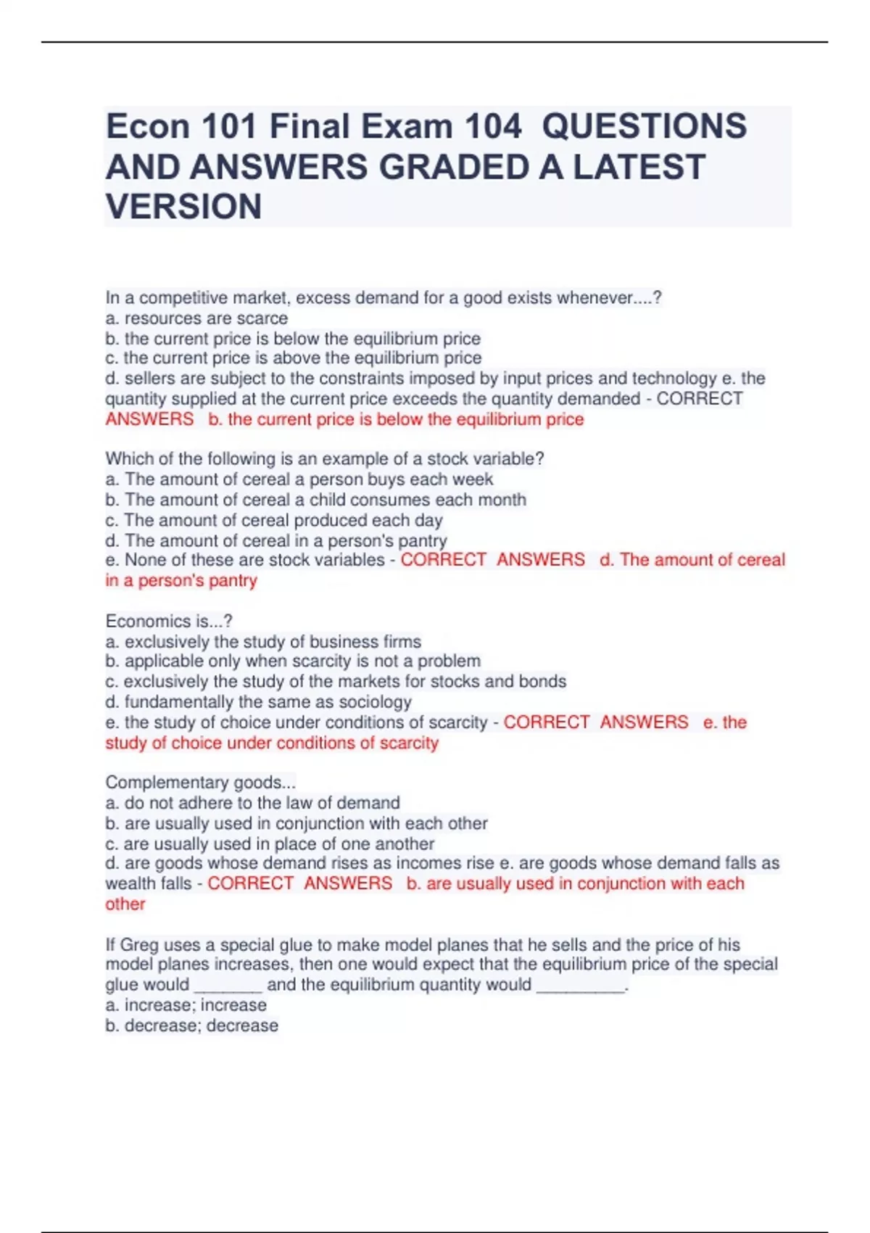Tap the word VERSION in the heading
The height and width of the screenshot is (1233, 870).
tap(183, 207)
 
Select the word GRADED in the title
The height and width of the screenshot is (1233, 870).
tap(452, 167)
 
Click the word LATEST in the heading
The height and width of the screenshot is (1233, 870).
tap(639, 167)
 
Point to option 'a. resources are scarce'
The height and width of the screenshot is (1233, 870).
tap(196, 318)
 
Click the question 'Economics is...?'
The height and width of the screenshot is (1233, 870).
tap(169, 621)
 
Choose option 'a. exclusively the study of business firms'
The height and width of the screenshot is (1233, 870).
tap(263, 642)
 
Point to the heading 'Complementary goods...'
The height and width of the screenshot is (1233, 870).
tap(200, 783)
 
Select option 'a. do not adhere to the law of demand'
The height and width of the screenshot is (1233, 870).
tap(252, 803)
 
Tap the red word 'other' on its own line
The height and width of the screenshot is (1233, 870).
tap(125, 904)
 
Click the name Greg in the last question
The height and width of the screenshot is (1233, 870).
tap(139, 945)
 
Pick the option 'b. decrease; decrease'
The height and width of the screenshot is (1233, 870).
tap(191, 1026)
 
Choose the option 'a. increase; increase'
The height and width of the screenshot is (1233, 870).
tap(186, 1005)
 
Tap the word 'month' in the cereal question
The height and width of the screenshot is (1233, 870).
tap(501, 500)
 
